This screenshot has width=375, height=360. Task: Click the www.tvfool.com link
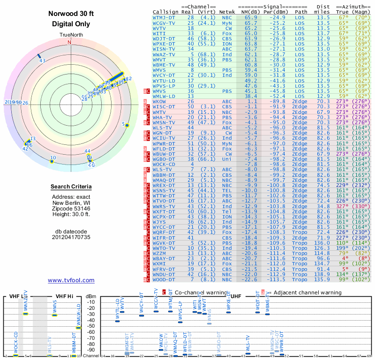point(71,280)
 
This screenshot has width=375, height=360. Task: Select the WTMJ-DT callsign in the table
point(163,17)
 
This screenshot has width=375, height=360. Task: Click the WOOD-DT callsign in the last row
point(164,279)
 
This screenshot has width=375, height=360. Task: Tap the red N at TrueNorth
point(69,42)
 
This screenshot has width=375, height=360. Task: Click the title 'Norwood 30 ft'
point(71,14)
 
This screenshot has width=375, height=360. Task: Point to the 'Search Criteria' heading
point(71,187)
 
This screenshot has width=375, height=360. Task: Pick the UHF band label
point(237,296)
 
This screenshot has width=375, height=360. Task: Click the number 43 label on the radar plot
point(42,60)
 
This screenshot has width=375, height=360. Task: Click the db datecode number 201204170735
point(71,237)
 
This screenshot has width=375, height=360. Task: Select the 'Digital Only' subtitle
point(71,24)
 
